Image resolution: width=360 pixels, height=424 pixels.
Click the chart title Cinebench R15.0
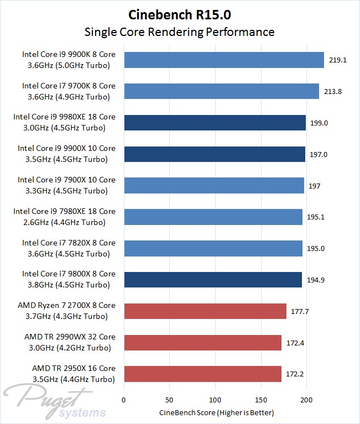pos(179,14)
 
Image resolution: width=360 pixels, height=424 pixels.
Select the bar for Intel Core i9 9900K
pos(224,60)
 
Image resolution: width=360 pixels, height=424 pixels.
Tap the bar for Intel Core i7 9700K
pos(222,91)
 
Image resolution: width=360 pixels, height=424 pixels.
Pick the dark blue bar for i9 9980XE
pos(215,123)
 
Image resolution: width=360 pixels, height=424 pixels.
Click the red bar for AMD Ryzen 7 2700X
pos(205,311)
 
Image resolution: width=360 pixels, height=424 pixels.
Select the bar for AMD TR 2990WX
pos(203,343)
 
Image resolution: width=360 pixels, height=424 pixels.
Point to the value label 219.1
pos(337,60)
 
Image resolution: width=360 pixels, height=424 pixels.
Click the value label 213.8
pos(332,91)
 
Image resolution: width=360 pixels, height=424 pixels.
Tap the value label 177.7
pos(300,311)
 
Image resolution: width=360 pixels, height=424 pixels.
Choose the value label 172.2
pos(295,374)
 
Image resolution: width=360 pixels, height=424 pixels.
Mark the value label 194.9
pos(315,280)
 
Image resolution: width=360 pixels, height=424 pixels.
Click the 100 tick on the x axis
pos(215,400)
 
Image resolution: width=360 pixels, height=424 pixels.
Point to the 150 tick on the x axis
pos(261,400)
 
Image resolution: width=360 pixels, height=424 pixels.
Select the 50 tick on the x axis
pos(170,400)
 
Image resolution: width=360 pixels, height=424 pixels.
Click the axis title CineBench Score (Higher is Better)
pos(216,412)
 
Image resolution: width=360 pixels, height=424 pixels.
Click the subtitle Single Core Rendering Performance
pos(179,32)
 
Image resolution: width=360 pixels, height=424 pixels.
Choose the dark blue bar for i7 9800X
pos(213,280)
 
